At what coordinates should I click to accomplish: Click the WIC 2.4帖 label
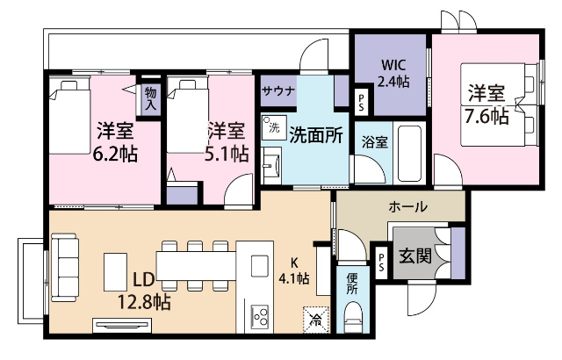tap(393, 73)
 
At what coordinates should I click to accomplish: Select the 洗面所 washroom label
tap(315, 134)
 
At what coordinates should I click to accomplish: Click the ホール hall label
tap(407, 207)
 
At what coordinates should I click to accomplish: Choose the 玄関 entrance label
tap(414, 256)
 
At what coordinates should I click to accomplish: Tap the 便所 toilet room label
tap(351, 283)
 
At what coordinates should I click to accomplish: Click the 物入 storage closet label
tap(150, 97)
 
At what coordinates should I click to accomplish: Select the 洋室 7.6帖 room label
tap(486, 103)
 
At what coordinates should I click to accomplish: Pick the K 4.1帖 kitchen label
tap(293, 271)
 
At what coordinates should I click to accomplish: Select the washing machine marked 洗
tap(272, 126)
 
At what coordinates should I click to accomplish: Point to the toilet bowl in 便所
tap(352, 315)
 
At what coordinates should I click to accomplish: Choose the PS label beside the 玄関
tap(381, 260)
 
